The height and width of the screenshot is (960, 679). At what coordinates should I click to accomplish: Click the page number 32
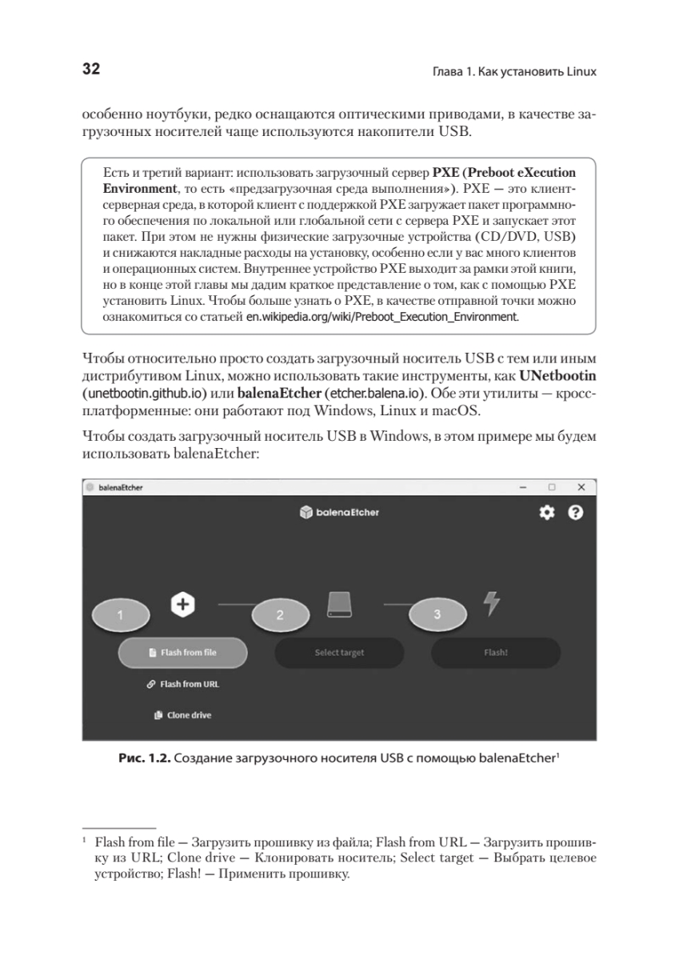[91, 69]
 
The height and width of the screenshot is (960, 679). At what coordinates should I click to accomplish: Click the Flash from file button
[182, 652]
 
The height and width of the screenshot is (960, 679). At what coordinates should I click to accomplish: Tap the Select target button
[339, 652]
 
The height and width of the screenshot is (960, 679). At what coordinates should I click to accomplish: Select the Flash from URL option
[182, 684]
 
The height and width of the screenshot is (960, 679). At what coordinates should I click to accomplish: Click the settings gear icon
[547, 513]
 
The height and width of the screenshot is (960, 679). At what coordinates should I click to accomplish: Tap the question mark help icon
[575, 513]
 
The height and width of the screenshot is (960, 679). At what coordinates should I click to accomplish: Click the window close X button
[581, 487]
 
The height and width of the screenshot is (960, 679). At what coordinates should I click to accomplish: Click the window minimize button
[522, 487]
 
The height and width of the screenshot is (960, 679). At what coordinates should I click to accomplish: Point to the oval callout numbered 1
[120, 615]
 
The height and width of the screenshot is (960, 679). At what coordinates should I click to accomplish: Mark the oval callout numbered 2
[280, 615]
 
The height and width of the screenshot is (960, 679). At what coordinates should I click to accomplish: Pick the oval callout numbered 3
[437, 614]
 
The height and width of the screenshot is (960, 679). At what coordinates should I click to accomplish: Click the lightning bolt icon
[492, 603]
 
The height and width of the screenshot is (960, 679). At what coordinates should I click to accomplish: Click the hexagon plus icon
[183, 604]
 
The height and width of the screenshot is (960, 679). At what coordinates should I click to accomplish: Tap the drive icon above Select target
[339, 604]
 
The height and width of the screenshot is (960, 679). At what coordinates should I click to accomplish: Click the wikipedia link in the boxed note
[382, 317]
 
